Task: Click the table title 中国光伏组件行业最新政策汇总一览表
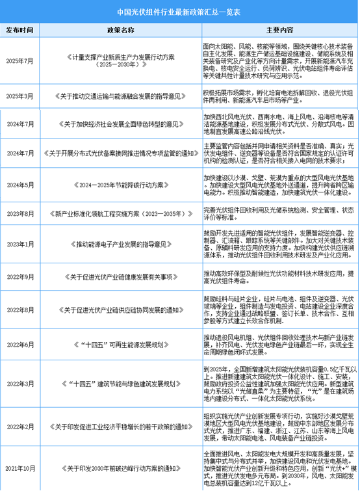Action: [x=180, y=12]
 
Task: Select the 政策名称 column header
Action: [x=120, y=30]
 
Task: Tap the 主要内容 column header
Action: [x=279, y=30]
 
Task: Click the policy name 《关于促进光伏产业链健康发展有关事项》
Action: [x=120, y=276]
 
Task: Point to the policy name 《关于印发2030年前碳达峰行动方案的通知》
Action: [x=120, y=467]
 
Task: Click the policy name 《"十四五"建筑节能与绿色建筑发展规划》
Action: [x=120, y=384]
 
